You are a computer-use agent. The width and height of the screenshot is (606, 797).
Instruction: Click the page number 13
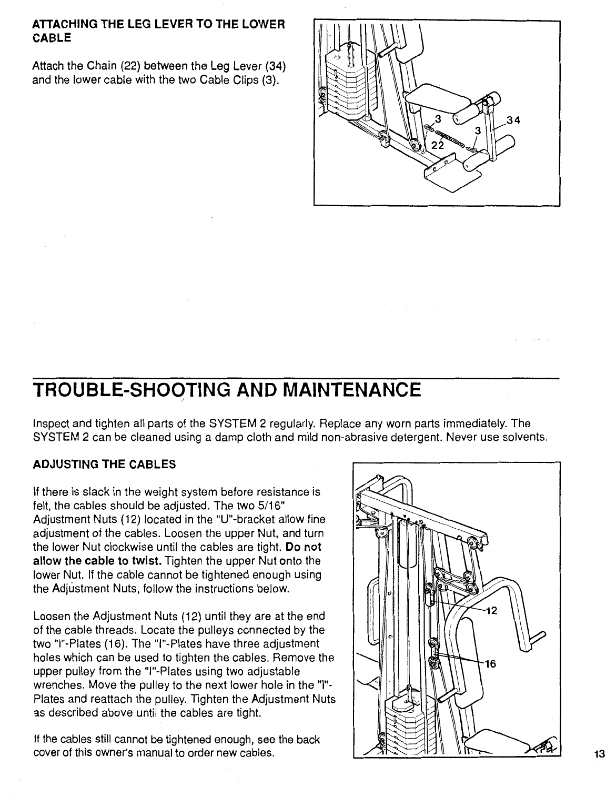click(598, 754)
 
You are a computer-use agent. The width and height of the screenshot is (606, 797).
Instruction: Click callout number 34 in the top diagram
click(513, 120)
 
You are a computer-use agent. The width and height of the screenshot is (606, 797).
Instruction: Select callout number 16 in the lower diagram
click(490, 664)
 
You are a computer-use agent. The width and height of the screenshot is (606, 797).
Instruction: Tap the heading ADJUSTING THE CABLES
click(104, 465)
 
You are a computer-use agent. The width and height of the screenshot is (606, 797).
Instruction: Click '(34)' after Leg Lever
click(275, 66)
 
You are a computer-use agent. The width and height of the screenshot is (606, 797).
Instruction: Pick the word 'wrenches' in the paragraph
click(54, 685)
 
